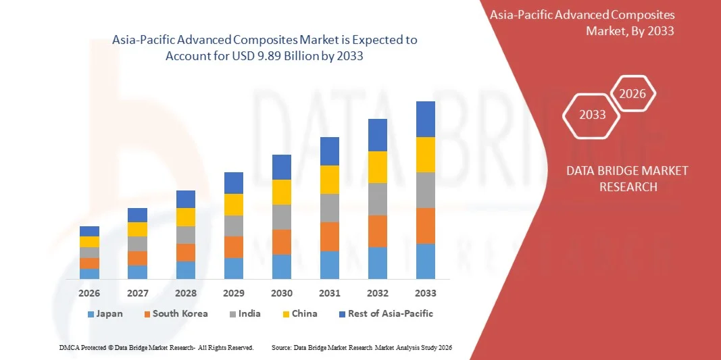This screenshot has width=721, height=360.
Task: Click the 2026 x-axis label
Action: [x=89, y=293]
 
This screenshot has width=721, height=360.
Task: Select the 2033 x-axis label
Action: [x=426, y=293]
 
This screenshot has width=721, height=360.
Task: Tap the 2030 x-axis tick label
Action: [x=282, y=293]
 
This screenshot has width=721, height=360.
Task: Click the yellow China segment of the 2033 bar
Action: [x=426, y=155]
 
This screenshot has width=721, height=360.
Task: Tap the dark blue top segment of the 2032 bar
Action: [x=378, y=135]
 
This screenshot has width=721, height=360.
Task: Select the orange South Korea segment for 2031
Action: [x=330, y=236]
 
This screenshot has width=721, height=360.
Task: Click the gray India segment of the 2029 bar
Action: [x=234, y=226]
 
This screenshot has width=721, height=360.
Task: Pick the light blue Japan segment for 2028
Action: [x=186, y=270]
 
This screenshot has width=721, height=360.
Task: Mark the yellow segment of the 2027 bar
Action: [x=137, y=229]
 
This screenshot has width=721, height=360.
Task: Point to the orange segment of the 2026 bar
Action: [x=89, y=263]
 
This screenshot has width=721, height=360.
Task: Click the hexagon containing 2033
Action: [x=592, y=115]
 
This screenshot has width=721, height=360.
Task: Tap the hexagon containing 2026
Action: [x=633, y=94]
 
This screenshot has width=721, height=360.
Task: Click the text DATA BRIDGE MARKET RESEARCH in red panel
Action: [x=627, y=178]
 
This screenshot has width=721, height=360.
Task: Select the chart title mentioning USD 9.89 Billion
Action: [x=264, y=48]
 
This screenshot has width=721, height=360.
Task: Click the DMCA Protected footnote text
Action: [x=156, y=347]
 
